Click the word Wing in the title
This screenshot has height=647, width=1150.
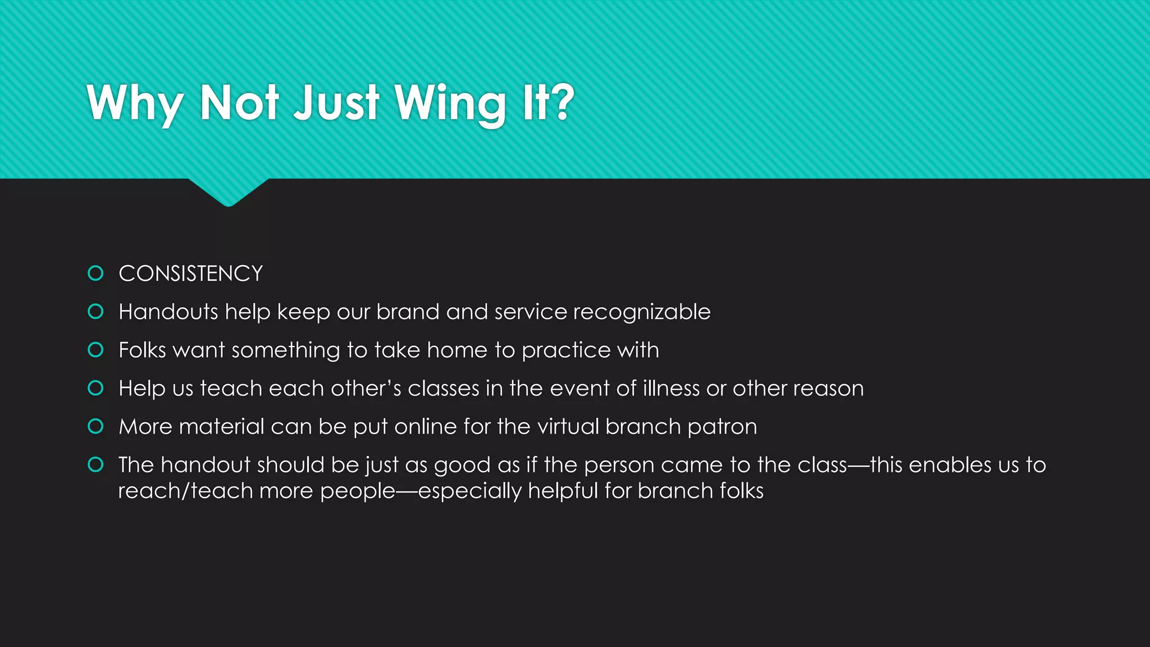click(450, 104)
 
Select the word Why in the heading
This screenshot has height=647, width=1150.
click(135, 104)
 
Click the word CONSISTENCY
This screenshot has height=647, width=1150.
click(190, 274)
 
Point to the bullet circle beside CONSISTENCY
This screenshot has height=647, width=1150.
click(96, 274)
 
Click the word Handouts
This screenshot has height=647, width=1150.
click(168, 312)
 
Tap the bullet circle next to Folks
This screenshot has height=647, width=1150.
click(96, 350)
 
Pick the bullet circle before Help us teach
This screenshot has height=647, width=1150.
click(96, 388)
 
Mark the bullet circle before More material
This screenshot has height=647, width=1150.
click(96, 426)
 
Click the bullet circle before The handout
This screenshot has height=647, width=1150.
click(96, 464)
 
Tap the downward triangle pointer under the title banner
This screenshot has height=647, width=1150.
click(229, 192)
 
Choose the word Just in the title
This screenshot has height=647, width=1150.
click(337, 104)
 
